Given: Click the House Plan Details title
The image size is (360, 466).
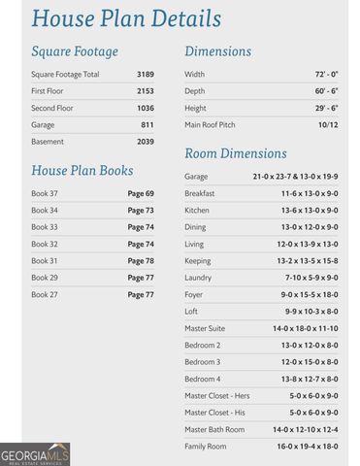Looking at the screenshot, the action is click(125, 18).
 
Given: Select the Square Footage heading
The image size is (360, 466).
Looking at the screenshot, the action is click(75, 51).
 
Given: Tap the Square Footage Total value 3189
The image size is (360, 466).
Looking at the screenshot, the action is click(144, 75).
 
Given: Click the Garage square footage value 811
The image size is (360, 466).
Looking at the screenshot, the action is click(147, 125).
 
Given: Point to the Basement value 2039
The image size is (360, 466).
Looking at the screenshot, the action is click(145, 142).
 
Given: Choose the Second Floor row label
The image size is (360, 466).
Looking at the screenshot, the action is click(52, 108).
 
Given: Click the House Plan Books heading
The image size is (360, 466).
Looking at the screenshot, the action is click(82, 171).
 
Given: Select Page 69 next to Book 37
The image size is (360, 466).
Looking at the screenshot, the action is click(141, 193).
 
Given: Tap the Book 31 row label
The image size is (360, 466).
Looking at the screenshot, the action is click(45, 260).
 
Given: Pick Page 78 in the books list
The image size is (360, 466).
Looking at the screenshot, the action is click(141, 260).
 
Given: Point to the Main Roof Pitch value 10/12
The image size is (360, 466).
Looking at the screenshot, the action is click(327, 125).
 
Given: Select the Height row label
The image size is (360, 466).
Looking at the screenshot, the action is click(195, 108).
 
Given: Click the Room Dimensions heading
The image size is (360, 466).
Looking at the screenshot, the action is click(236, 153).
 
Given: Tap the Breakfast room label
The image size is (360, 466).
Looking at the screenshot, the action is click(201, 193).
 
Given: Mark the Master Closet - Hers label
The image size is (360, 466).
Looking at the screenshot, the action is click(217, 395).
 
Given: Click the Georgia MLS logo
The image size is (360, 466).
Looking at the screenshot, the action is click(35, 453).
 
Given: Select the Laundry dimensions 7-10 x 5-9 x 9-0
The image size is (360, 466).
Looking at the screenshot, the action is click(310, 278).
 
